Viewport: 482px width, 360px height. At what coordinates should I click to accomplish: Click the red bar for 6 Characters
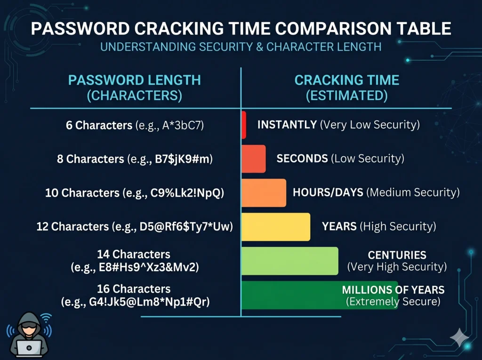pos(244,125)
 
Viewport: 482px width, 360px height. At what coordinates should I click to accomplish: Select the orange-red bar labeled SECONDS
pos(254,159)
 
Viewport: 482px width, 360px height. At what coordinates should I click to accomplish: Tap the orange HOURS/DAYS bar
pos(264,193)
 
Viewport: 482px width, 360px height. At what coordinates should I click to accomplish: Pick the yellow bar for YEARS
pos(276,227)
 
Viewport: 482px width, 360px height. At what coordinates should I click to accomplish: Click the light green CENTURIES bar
pos(290,261)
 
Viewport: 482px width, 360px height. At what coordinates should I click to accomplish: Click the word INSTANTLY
pos(287,125)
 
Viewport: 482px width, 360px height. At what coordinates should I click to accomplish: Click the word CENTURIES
pos(397,255)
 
